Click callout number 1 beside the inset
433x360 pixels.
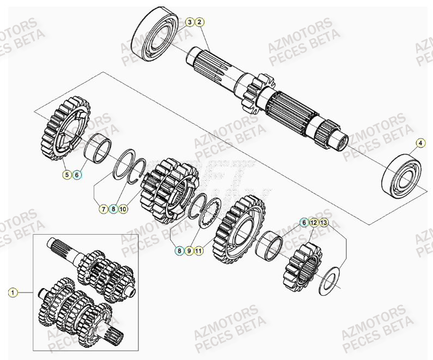tap(12, 292)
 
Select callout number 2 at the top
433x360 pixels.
tap(199, 22)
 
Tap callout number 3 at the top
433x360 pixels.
tap(190, 22)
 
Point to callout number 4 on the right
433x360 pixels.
tap(420, 144)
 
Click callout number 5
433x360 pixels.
tap(66, 175)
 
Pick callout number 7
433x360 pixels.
tap(103, 208)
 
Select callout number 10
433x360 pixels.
tap(123, 208)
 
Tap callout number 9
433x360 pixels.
tap(188, 251)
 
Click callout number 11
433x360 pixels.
tap(199, 251)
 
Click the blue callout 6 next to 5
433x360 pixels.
tap(77, 175)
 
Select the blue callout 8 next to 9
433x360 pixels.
tap(179, 251)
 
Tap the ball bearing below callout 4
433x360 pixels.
tap(403, 176)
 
